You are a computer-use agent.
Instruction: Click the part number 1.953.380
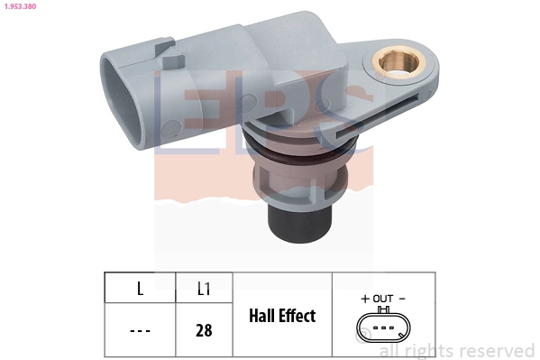click(18, 5)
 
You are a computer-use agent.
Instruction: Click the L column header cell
click(139, 289)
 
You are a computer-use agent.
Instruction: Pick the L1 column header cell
click(204, 289)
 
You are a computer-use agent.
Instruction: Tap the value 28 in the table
click(204, 330)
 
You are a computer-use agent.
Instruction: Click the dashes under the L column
click(139, 330)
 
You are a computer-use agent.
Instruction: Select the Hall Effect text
click(282, 316)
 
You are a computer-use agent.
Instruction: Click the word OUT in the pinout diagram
click(383, 298)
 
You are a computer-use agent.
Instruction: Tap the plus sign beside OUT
click(365, 298)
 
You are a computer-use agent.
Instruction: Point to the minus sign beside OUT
click(402, 298)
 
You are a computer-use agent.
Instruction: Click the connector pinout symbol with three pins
click(383, 328)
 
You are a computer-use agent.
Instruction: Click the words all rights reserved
click(456, 350)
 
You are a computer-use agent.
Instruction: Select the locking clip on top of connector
click(163, 47)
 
